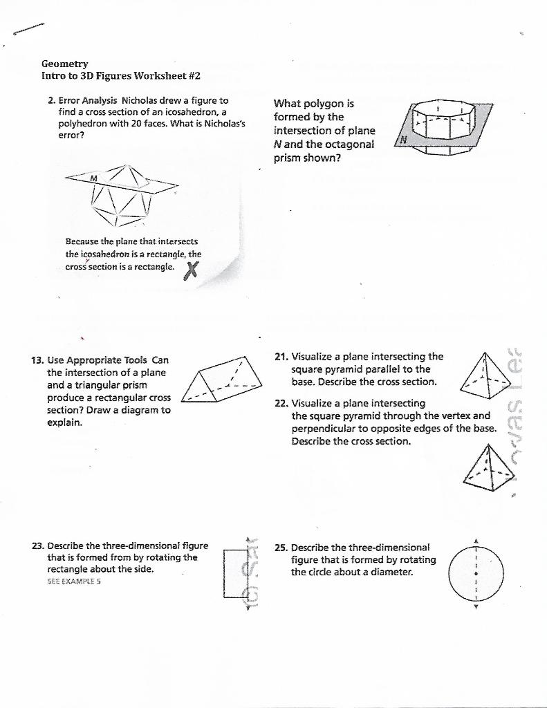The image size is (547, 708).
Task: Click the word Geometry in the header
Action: [x=64, y=64]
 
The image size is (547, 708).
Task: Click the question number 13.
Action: [x=38, y=360]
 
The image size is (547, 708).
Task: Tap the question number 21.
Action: [x=281, y=357]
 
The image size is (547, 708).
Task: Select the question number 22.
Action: [x=281, y=403]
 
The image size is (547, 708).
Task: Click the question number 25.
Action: [x=281, y=547]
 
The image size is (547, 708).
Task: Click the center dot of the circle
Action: [x=476, y=574]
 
